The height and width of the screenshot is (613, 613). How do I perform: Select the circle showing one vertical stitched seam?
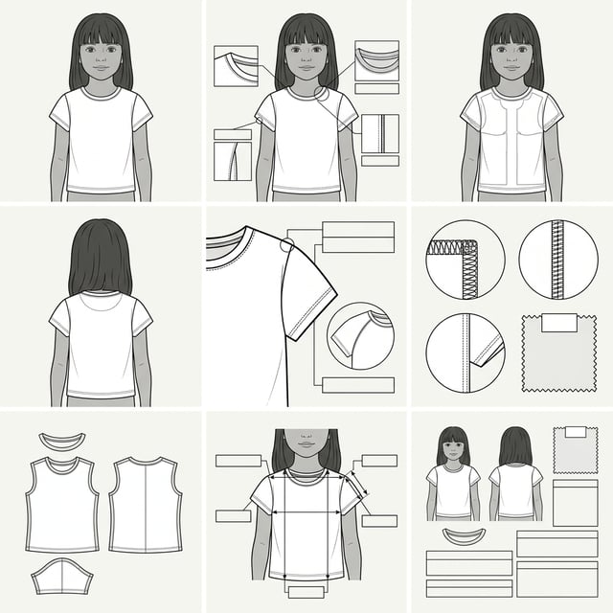click(x=557, y=260)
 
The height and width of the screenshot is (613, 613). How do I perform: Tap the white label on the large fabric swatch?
click(x=558, y=323)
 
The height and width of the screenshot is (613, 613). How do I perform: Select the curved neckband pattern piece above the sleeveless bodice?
click(x=62, y=443)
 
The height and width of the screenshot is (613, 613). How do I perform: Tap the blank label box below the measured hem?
click(x=306, y=593)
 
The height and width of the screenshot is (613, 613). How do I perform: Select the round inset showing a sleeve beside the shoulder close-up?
click(x=359, y=335)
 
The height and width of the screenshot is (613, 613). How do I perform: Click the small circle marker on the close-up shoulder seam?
click(x=286, y=247)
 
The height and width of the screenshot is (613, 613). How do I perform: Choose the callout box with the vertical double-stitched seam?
click(x=380, y=133)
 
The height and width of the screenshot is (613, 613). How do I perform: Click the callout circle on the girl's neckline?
click(x=322, y=94)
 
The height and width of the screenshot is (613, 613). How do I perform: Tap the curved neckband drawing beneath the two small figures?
click(x=464, y=534)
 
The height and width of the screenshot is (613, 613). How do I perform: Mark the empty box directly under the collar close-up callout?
click(x=376, y=88)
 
